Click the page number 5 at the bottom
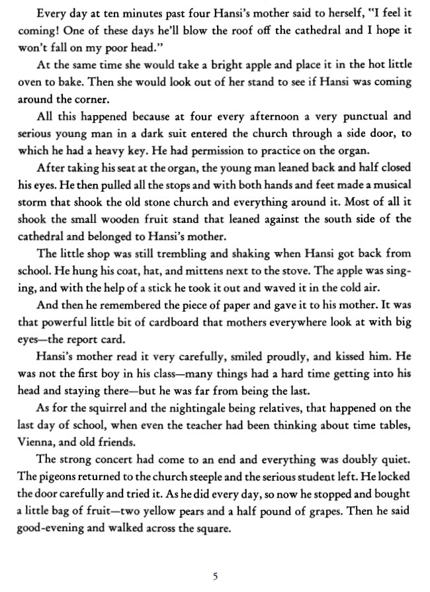215,575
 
